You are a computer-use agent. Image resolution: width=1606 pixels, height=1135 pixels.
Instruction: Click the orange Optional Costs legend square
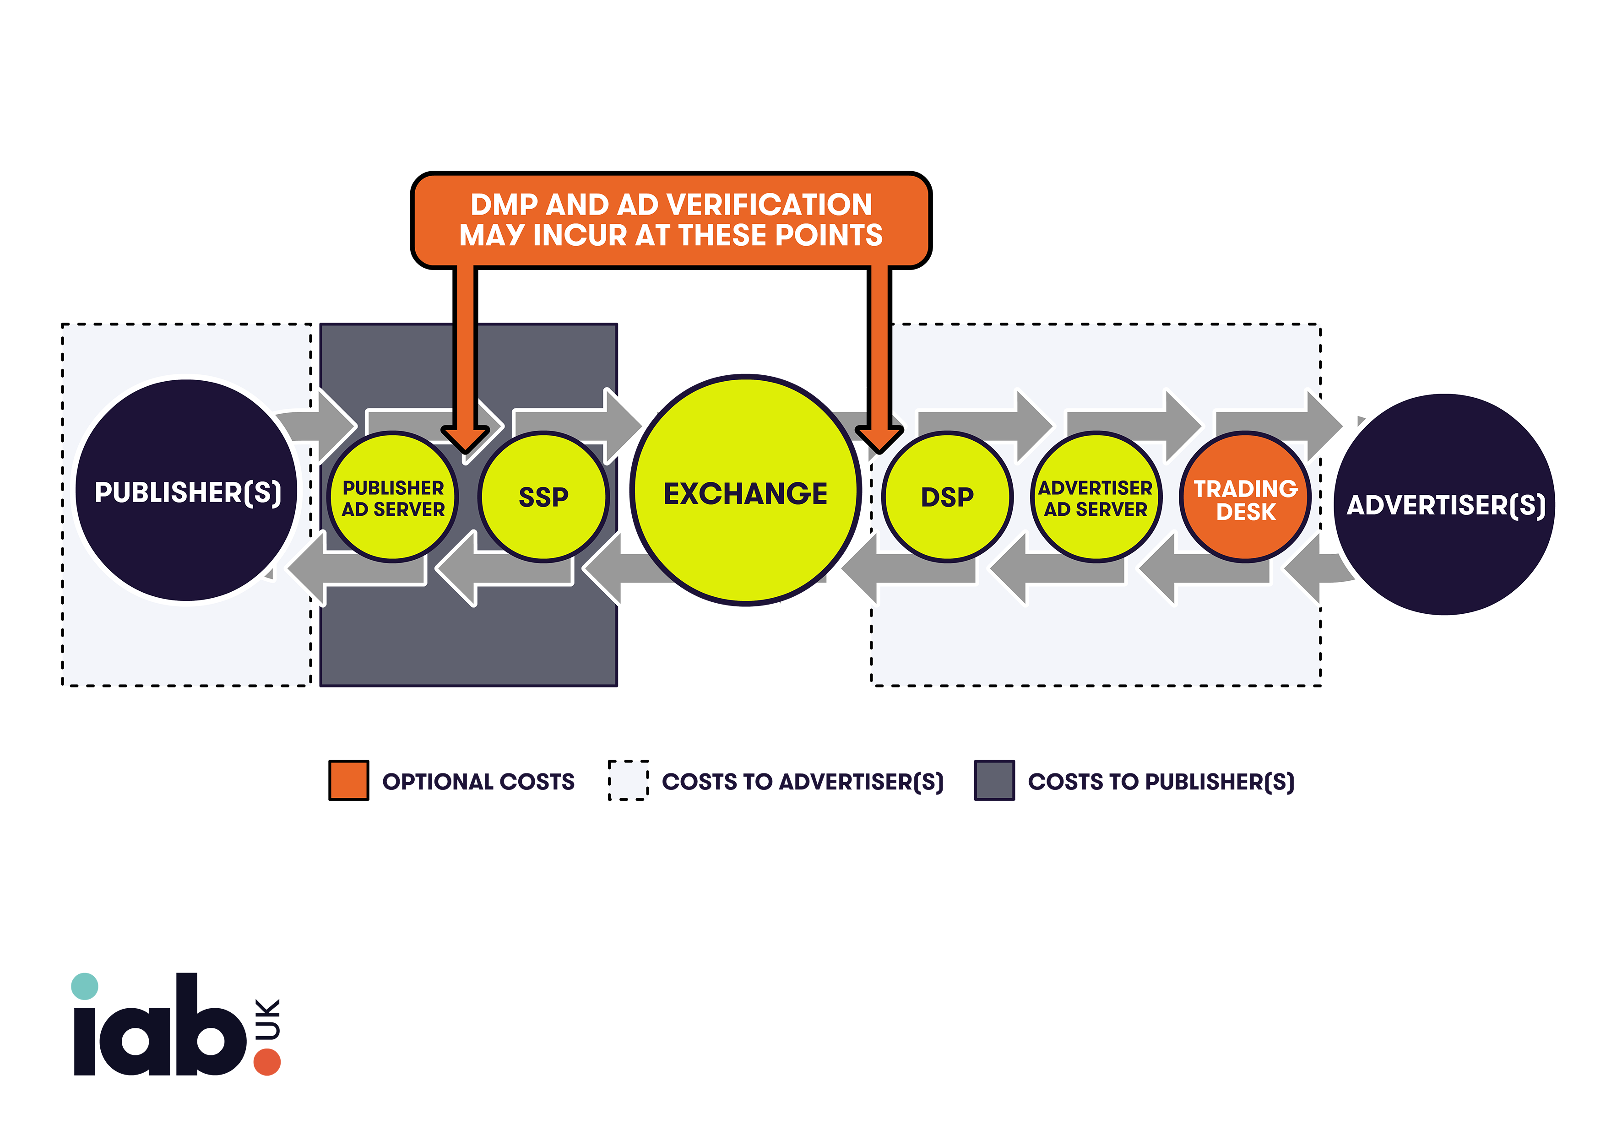pyautogui.click(x=348, y=780)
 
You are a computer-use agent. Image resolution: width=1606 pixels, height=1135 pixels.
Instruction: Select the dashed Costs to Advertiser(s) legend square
pyautogui.click(x=628, y=780)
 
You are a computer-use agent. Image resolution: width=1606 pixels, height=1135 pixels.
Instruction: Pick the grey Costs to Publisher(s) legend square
pyautogui.click(x=994, y=780)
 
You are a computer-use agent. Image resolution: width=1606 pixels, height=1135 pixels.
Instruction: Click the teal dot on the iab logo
pyautogui.click(x=85, y=986)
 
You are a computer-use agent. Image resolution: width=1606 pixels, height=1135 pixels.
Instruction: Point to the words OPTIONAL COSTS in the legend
pyautogui.click(x=478, y=781)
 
